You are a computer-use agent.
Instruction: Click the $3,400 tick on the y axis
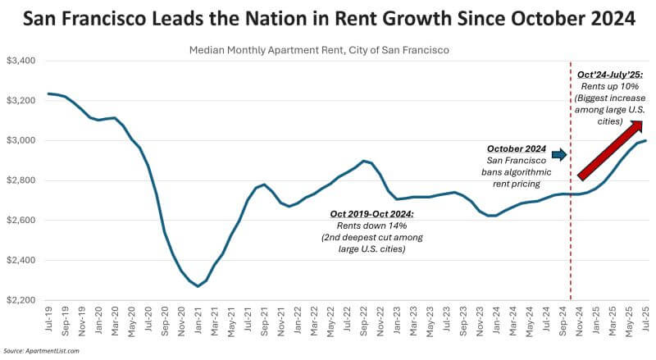[x=20, y=61]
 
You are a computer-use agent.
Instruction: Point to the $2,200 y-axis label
[x=20, y=300]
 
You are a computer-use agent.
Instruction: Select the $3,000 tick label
[x=20, y=140]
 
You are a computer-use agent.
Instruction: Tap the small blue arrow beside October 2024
[x=558, y=154]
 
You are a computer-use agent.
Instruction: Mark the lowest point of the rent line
[x=198, y=286]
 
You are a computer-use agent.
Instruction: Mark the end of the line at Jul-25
[x=647, y=140]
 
